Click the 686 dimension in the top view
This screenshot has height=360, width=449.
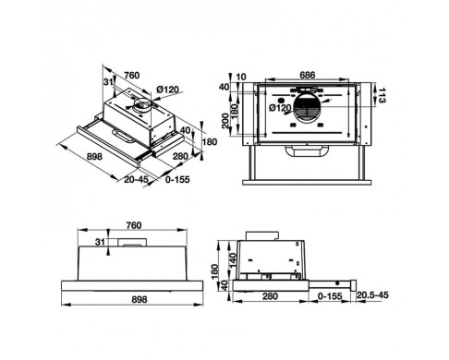point(307,75)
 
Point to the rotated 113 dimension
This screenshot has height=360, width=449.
point(382,95)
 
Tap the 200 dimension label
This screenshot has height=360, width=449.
point(225,121)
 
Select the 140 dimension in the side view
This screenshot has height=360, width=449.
point(233,259)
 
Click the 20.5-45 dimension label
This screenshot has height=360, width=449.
point(372,295)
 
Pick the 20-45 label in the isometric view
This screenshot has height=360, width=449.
point(136,179)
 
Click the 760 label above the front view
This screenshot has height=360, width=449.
point(134,225)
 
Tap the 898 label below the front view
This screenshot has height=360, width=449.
point(140,299)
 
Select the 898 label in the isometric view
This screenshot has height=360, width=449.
point(94,157)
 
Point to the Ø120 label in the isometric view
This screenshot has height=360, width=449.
point(167,90)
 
